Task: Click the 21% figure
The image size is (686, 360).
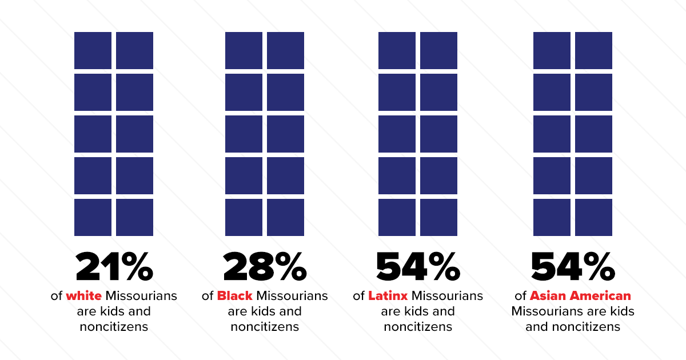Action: [x=114, y=266]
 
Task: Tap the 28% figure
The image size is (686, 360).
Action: [x=265, y=266]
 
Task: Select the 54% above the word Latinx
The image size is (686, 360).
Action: [x=418, y=266]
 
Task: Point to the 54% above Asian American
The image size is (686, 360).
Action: [x=573, y=266]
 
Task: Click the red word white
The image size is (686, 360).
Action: [x=83, y=296]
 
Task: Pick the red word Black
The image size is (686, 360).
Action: [x=235, y=296]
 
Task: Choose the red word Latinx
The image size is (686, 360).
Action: [x=388, y=296]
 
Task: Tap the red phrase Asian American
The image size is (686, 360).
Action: [x=580, y=296]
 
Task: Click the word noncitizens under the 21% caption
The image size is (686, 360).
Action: [x=114, y=327]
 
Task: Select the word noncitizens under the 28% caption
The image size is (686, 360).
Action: [x=265, y=327]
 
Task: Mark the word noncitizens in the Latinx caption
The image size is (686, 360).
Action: [x=418, y=327]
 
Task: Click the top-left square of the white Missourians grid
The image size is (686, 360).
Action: [x=93, y=50]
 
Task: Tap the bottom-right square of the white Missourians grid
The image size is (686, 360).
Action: [x=134, y=217]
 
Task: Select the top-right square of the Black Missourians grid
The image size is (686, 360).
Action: [x=285, y=50]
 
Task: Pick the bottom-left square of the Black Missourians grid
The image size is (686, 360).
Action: [x=244, y=217]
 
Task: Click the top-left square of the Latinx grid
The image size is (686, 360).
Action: [x=397, y=50]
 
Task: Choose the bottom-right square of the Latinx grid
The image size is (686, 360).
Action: [x=438, y=217]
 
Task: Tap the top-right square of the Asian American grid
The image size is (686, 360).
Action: [x=593, y=50]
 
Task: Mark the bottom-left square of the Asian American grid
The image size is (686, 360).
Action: [x=552, y=217]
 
